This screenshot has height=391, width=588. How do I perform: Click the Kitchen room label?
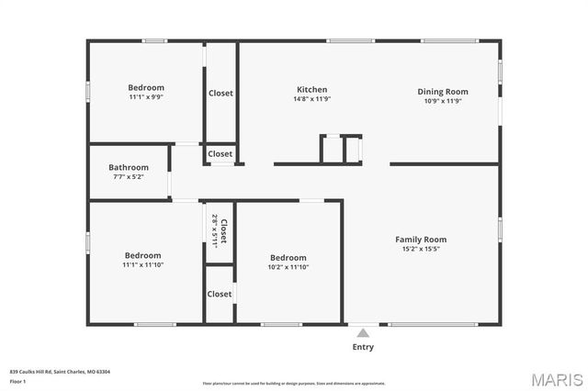coord(311,89)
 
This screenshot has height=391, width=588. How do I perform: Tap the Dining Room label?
coord(443,92)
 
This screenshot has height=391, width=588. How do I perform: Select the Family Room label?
coord(421,239)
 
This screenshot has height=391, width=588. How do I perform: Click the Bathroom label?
coord(128,167)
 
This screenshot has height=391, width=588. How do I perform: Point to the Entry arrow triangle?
coord(363,333)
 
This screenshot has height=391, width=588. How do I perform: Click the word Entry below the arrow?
coord(363,347)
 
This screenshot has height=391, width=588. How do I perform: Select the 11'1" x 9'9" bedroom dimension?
coord(146,97)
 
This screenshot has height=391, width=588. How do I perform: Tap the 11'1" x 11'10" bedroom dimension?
coord(143,265)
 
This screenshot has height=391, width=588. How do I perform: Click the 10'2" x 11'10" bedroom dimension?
coord(288,267)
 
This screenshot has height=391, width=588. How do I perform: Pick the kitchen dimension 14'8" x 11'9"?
coord(311,99)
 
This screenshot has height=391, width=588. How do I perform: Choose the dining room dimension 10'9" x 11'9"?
coord(443,101)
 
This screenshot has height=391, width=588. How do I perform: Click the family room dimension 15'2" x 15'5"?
coord(421,249)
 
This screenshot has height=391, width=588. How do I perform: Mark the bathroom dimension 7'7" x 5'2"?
coord(128,176)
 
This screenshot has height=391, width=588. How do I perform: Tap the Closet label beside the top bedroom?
coord(220,94)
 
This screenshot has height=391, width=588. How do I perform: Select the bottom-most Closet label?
coord(220,294)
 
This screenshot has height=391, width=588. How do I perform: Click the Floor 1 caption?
coord(17,380)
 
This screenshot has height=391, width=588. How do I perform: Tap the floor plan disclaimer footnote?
coord(294,383)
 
